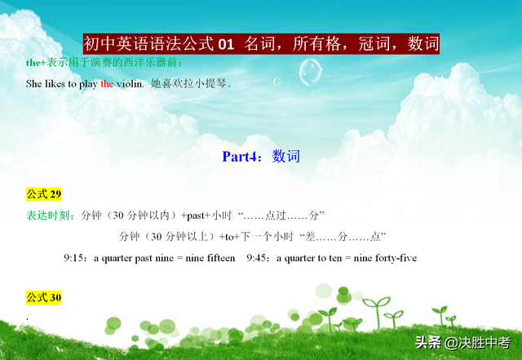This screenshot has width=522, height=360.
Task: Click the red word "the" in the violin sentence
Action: click(x=107, y=83)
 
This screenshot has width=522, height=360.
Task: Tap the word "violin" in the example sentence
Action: click(x=130, y=83)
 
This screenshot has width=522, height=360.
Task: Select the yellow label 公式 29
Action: click(x=43, y=194)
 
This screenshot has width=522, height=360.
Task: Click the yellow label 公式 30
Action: click(x=43, y=297)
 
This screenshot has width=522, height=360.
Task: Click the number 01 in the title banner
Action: click(x=226, y=44)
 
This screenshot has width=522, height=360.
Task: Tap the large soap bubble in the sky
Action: click(x=310, y=72)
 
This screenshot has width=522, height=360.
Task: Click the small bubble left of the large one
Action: click(x=277, y=82)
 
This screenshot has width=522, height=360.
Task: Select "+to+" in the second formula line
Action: click(x=229, y=237)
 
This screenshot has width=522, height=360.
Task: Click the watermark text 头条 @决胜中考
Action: click(x=462, y=343)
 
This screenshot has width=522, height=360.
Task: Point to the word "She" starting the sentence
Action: click(x=33, y=83)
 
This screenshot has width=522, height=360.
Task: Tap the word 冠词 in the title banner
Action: click(x=374, y=44)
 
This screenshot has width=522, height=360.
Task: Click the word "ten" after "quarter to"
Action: click(x=335, y=258)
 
